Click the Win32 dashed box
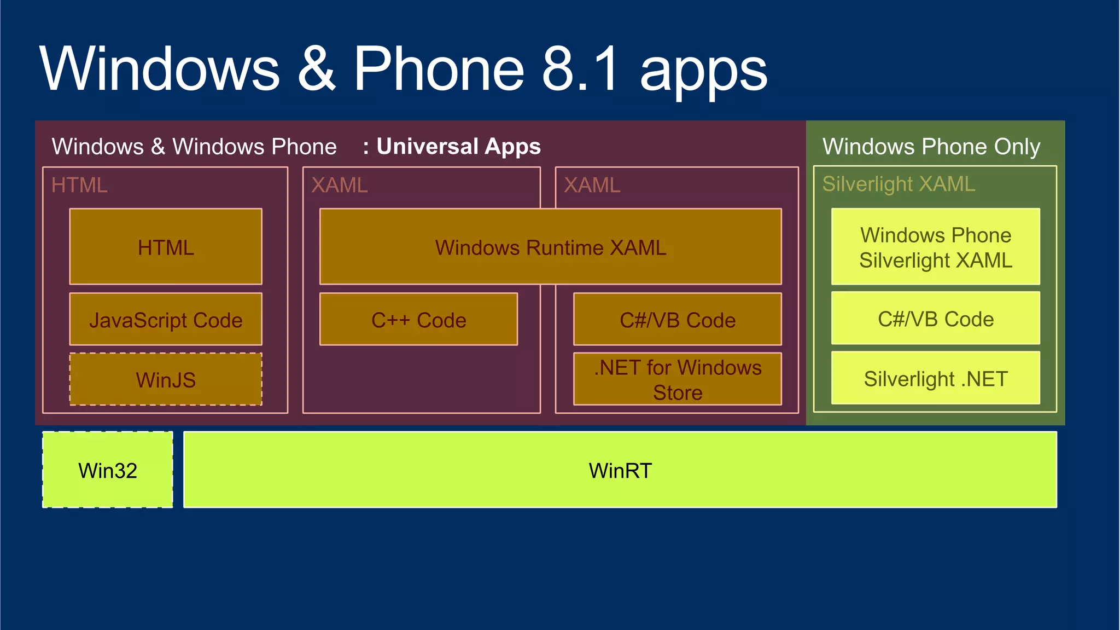pos(108,470)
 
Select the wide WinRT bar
pos(620,470)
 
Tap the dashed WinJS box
pos(166,379)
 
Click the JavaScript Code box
pos(166,320)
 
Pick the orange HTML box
pos(166,247)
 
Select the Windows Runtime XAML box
pos(550,247)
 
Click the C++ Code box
pos(418,320)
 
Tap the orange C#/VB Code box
pos(677,320)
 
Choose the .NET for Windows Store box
pos(677,379)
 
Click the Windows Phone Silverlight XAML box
pos(935,247)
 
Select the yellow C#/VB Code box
pos(935,319)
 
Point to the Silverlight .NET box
pos(935,378)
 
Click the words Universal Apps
pos(458,146)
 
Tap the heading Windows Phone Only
pos(931,146)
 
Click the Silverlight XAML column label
pos(899,184)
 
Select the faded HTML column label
pos(79,185)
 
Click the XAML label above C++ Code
pos(339,185)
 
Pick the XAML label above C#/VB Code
pos(592,185)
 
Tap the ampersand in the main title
pos(316,68)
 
